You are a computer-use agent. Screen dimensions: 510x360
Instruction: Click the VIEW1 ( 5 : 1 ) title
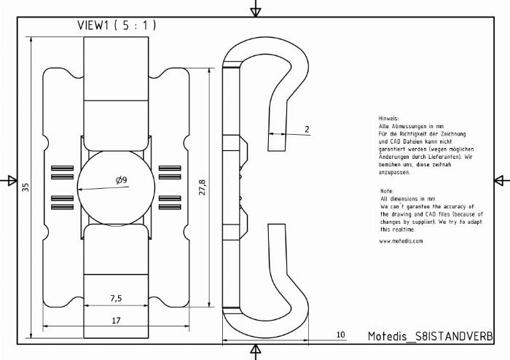click(117, 26)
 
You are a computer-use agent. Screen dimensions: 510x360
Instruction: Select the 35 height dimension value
click(25, 187)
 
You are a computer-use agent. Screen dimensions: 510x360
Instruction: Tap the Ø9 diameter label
click(122, 180)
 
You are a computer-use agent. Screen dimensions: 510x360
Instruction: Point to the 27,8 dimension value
click(202, 187)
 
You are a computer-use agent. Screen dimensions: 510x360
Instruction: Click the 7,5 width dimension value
click(116, 298)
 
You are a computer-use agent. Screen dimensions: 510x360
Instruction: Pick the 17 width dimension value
click(116, 321)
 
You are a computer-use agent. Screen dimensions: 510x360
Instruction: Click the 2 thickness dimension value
click(307, 129)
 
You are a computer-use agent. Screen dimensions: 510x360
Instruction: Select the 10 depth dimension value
click(340, 334)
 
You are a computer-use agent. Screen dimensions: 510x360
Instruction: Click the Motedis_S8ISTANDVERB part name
click(431, 336)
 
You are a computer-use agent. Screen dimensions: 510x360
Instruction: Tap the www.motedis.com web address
click(401, 241)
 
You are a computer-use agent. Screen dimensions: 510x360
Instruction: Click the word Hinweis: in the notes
click(388, 118)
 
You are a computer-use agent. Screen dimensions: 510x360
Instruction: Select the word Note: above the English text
click(387, 191)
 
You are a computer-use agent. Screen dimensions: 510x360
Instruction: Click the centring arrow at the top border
click(256, 9)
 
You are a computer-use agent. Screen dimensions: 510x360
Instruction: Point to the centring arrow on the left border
click(9, 180)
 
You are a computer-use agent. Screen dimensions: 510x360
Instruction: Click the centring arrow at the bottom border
click(256, 352)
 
